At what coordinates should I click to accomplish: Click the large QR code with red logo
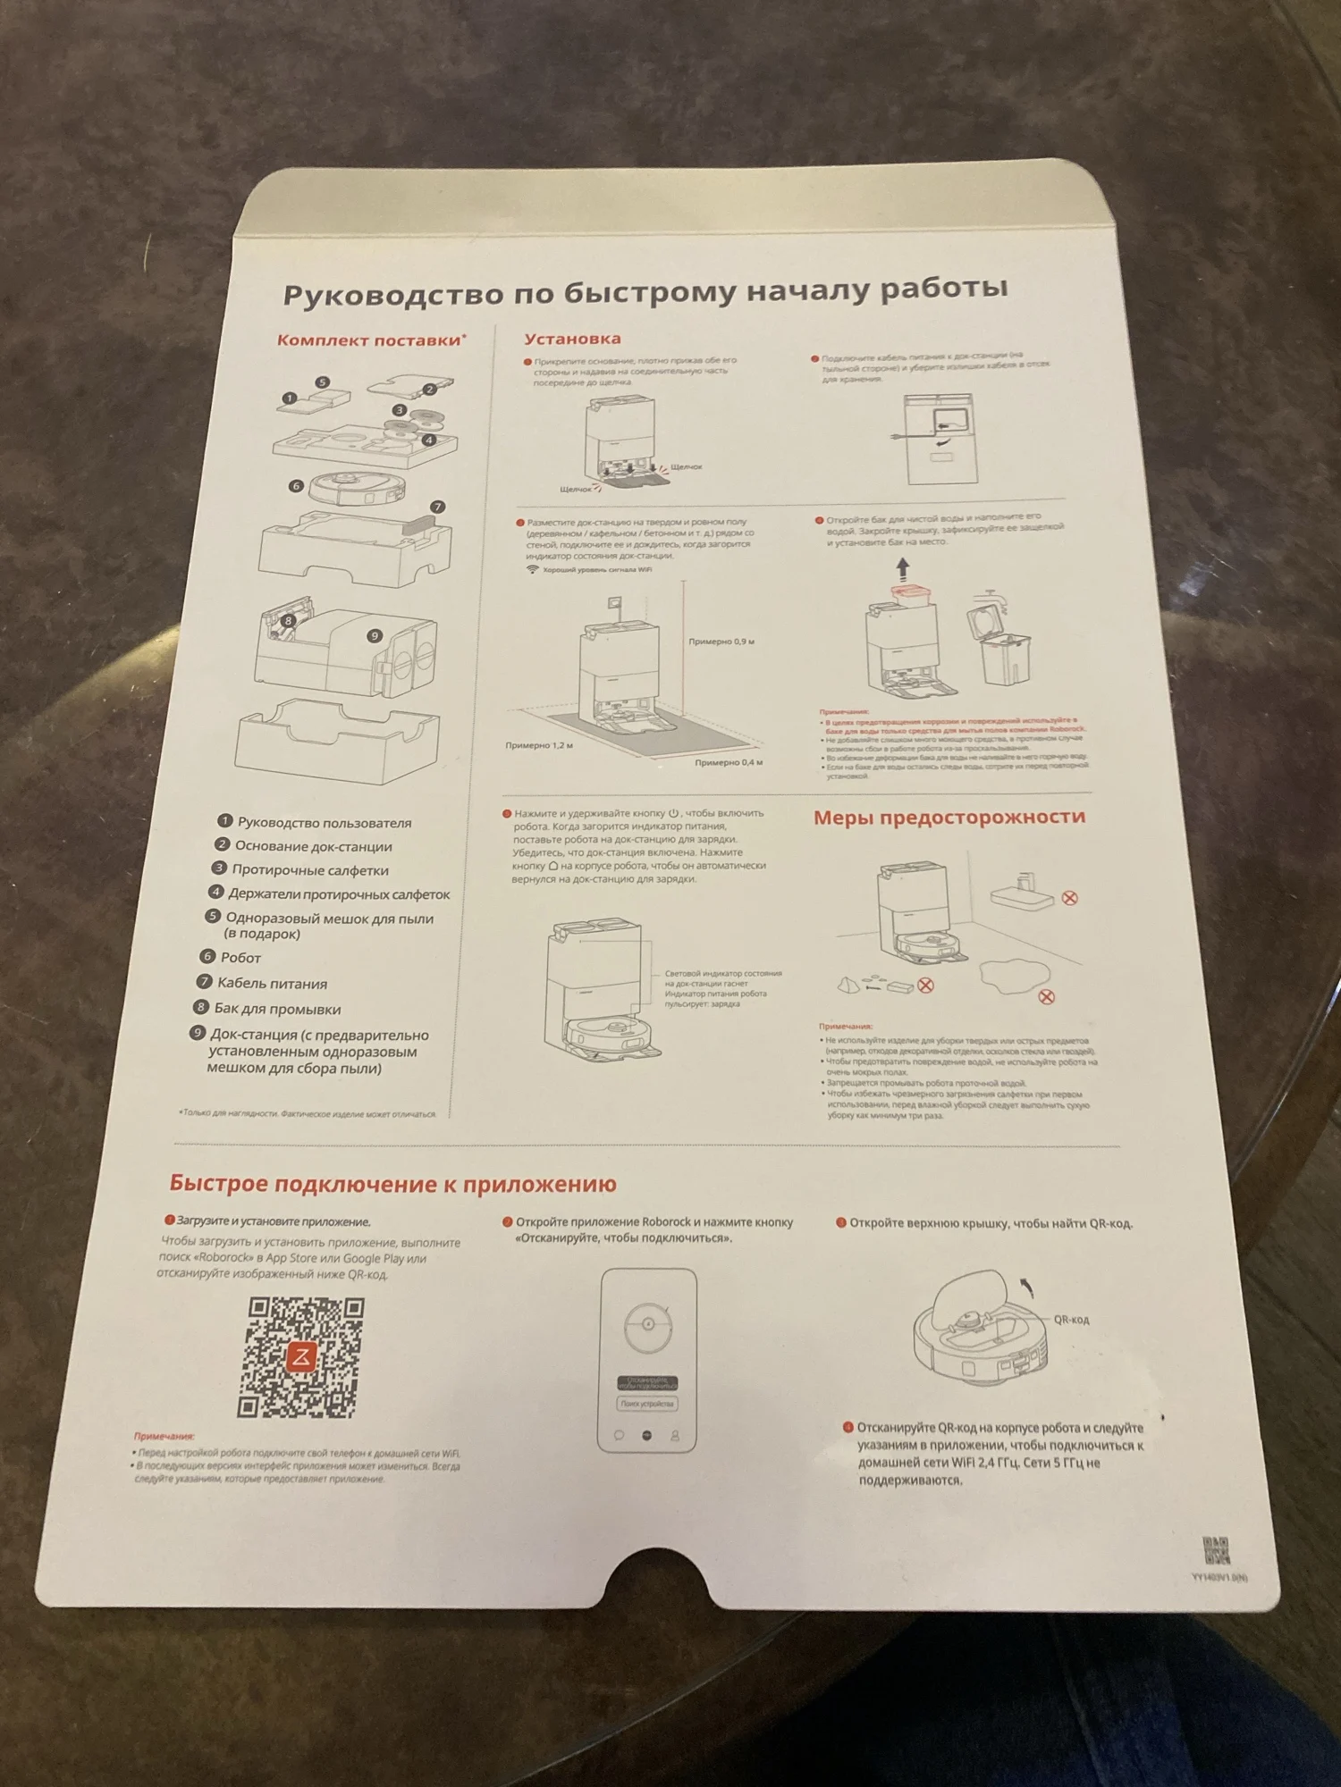301,1358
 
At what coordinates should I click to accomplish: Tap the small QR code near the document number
1215,1550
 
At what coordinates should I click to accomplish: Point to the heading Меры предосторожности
949,817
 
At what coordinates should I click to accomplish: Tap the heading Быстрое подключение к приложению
392,1184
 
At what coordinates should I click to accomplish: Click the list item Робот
240,958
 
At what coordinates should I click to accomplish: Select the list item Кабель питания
272,984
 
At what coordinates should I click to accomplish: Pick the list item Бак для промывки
277,1010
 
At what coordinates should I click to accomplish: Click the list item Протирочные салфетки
309,870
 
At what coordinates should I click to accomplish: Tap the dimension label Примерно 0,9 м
721,642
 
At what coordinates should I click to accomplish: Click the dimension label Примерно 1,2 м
539,745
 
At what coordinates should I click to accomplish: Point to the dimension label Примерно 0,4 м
729,762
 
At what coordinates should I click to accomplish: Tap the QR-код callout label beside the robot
1071,1320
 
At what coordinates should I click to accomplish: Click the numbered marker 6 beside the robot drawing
296,486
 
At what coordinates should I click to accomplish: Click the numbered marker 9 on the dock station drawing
375,636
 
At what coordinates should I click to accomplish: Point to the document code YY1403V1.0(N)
1219,1578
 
